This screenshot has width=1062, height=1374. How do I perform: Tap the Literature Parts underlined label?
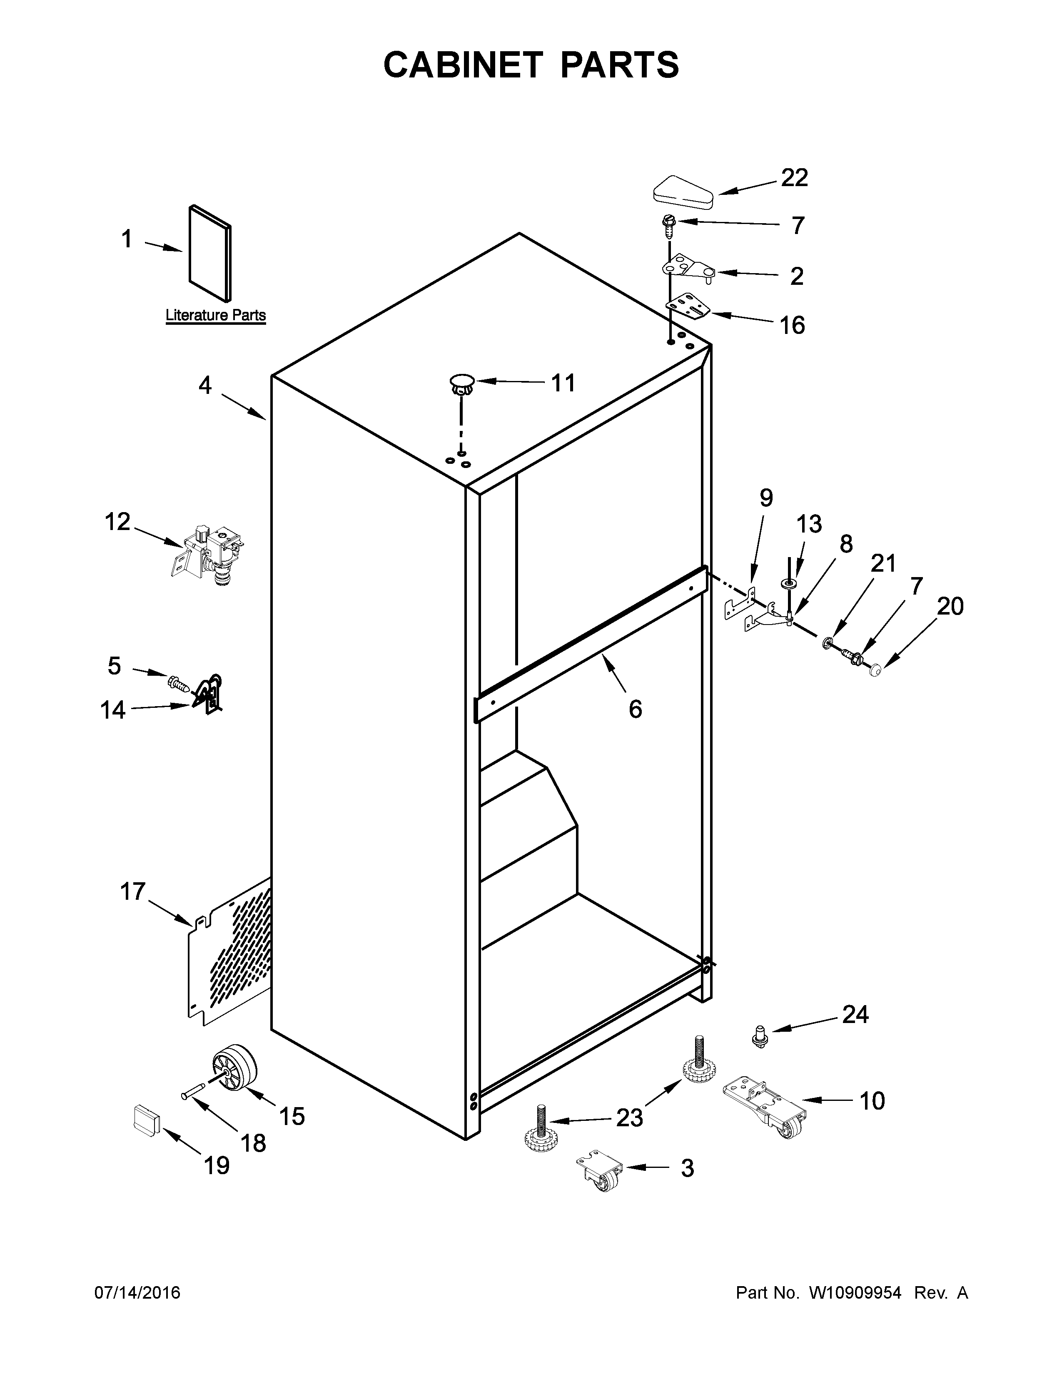pyautogui.click(x=215, y=315)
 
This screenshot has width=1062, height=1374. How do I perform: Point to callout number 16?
pyautogui.click(x=792, y=325)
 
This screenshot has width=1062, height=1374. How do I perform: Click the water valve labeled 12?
pyautogui.click(x=211, y=551)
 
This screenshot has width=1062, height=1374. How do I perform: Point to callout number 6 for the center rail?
pyautogui.click(x=635, y=709)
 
